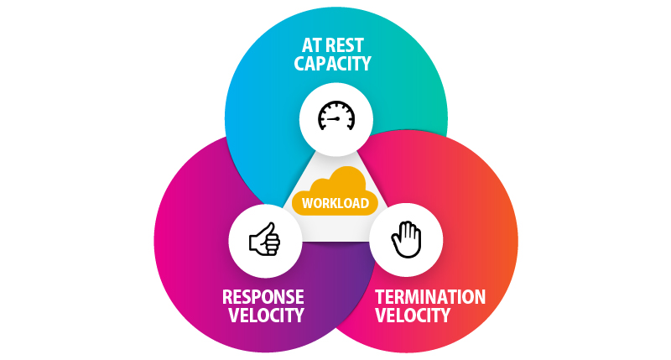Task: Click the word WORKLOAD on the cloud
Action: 335,202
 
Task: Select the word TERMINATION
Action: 430,297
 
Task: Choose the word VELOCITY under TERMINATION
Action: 412,316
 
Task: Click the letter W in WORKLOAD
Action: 304,202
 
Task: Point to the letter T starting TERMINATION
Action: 379,297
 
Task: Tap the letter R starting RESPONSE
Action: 227,297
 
